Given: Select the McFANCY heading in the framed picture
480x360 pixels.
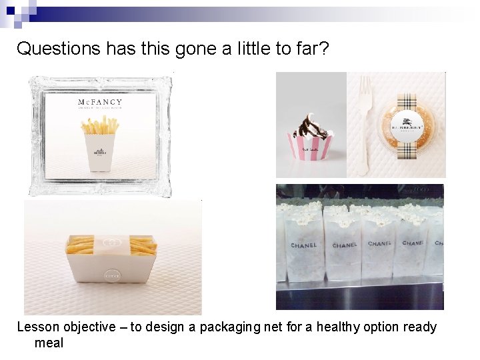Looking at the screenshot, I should point(100,103).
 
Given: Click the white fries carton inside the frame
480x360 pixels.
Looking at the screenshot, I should point(99,151).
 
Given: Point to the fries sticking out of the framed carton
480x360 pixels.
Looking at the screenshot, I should point(99,125).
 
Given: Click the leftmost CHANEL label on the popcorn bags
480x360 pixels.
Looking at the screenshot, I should point(303,245).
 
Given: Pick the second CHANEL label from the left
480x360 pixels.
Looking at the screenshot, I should point(345,245).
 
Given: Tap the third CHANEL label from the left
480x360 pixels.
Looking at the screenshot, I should point(380,244).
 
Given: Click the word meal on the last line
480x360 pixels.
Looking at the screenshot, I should point(49,343).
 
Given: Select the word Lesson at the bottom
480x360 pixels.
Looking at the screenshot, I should point(37,327).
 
